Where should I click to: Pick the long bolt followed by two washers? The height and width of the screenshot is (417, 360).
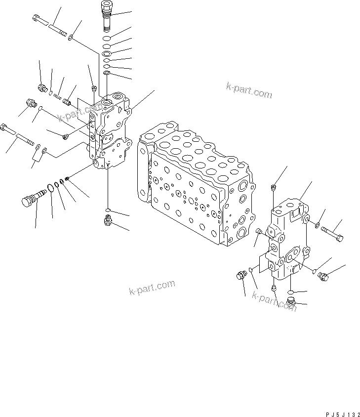[x=18, y=136]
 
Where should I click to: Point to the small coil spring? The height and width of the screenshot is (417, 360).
[x=58, y=95]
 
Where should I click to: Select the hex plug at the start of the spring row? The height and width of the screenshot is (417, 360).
[x=42, y=88]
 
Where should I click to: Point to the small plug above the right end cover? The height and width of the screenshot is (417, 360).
[x=273, y=186]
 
